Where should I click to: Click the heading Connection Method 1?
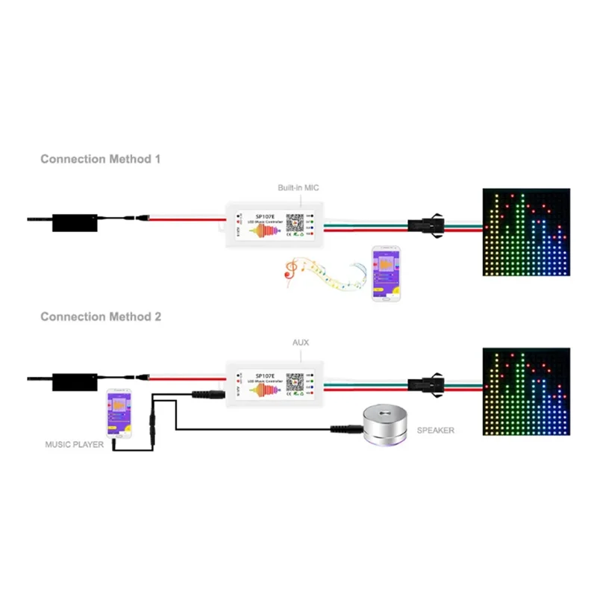[x=100, y=159]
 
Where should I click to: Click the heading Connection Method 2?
[x=100, y=316]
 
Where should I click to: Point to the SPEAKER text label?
[x=435, y=431]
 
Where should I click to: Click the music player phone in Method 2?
[x=119, y=413]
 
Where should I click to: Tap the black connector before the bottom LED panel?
[x=426, y=379]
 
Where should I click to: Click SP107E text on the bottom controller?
[x=266, y=376]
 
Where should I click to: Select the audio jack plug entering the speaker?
[x=345, y=429]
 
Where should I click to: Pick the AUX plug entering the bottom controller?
[x=207, y=395]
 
